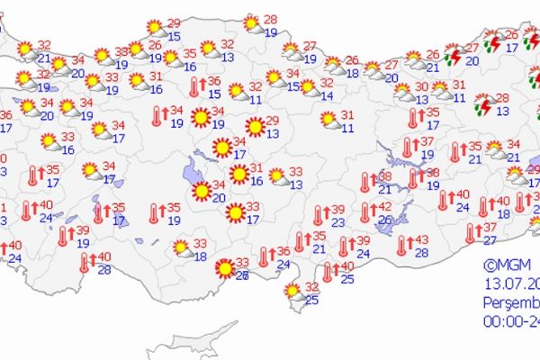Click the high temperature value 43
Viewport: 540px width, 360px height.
[x=423, y=239]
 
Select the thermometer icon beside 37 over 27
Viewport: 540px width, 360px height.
[x=470, y=233]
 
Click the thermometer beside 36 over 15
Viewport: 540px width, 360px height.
[x=194, y=87]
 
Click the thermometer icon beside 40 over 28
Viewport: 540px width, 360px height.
[x=84, y=262]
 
